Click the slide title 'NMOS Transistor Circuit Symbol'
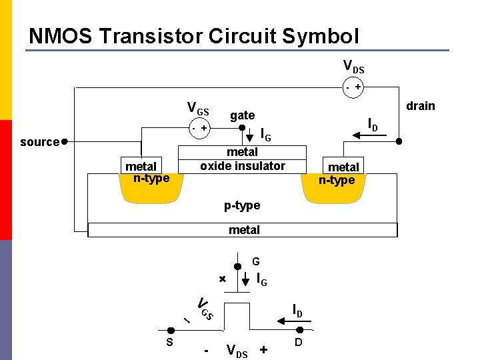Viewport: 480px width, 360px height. [x=194, y=35]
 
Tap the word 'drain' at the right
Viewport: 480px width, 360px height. [x=420, y=106]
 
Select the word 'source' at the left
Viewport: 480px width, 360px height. [x=40, y=141]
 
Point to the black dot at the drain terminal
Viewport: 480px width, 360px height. [x=399, y=141]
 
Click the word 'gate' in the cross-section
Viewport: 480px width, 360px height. [x=242, y=115]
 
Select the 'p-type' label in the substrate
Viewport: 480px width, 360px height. [x=242, y=205]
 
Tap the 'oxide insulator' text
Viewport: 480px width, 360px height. [x=243, y=166]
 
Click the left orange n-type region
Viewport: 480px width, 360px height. [x=151, y=192]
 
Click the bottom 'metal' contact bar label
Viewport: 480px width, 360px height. [x=244, y=230]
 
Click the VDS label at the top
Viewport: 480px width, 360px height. [x=353, y=67]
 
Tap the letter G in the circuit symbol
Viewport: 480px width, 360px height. [x=255, y=262]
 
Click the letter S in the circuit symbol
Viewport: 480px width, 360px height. [x=170, y=342]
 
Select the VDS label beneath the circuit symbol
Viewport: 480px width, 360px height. [x=237, y=350]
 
